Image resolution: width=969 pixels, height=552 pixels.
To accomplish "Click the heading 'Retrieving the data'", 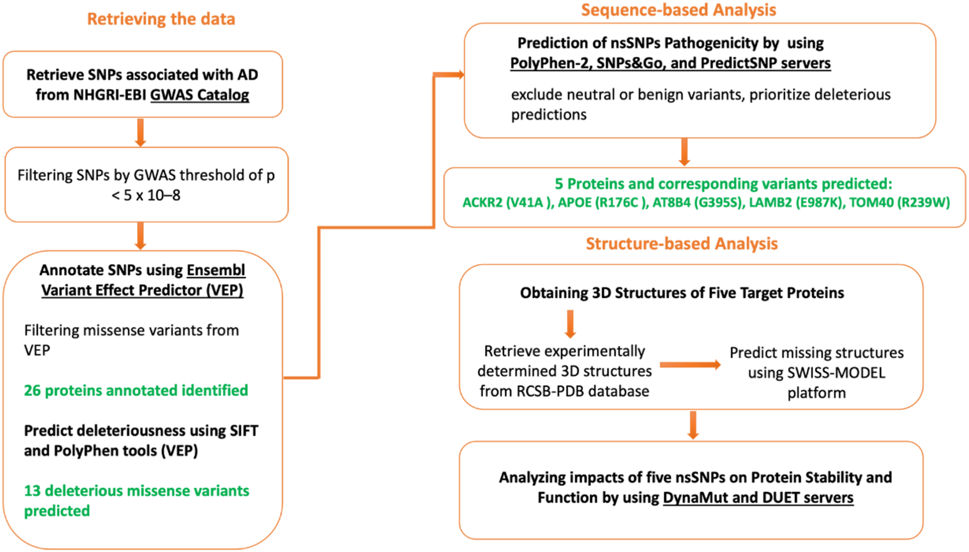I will click(161, 19).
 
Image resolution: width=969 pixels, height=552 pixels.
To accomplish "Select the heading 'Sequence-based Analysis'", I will click(678, 10).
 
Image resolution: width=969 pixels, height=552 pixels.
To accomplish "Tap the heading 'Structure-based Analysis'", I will click(681, 243).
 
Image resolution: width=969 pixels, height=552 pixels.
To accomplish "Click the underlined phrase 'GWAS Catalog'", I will click(199, 95).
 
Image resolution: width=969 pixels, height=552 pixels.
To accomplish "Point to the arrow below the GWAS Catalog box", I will click(140, 132).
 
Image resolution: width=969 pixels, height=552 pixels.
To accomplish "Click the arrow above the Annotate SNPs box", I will click(140, 235).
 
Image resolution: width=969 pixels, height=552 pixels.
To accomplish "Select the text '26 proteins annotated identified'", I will click(136, 390).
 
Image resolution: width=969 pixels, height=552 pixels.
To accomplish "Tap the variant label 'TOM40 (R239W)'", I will click(899, 202).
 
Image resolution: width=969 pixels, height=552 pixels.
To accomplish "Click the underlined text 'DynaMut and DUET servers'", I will click(758, 498).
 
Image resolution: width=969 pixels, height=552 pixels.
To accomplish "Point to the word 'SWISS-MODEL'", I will click(840, 373).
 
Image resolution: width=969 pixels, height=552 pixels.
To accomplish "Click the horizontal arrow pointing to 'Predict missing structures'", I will click(690, 365).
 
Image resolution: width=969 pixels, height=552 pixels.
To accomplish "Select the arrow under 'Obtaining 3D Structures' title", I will click(570, 324).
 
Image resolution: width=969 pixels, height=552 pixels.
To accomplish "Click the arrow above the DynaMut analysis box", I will click(693, 425).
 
